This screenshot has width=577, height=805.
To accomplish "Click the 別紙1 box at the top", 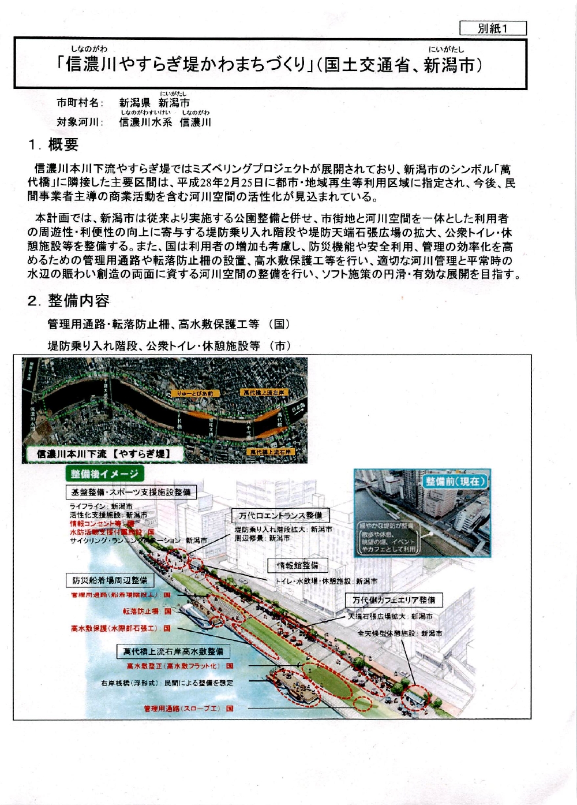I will tap(493, 28).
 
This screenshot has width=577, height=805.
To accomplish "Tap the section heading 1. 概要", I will tap(53, 144).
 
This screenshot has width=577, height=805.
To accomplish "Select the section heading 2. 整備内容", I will tap(69, 300).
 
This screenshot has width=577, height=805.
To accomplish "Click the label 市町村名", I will tap(80, 103).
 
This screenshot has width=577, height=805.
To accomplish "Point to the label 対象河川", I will tap(80, 122).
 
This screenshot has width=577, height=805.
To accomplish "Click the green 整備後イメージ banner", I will tap(104, 474).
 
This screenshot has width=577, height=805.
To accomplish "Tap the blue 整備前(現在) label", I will tap(455, 481).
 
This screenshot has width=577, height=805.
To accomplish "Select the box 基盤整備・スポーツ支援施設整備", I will tap(130, 493).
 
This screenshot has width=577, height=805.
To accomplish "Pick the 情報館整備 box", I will tap(298, 565).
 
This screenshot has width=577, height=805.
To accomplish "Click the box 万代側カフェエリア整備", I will tap(394, 600).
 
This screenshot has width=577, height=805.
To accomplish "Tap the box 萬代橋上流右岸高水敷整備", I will tap(173, 651).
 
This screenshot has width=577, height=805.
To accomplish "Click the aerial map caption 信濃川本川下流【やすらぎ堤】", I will tap(104, 454).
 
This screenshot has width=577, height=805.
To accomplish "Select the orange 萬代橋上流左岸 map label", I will tap(264, 393).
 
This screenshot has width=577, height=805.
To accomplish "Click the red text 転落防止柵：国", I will tap(147, 611).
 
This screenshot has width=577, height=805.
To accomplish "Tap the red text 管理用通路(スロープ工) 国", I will tap(189, 709).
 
